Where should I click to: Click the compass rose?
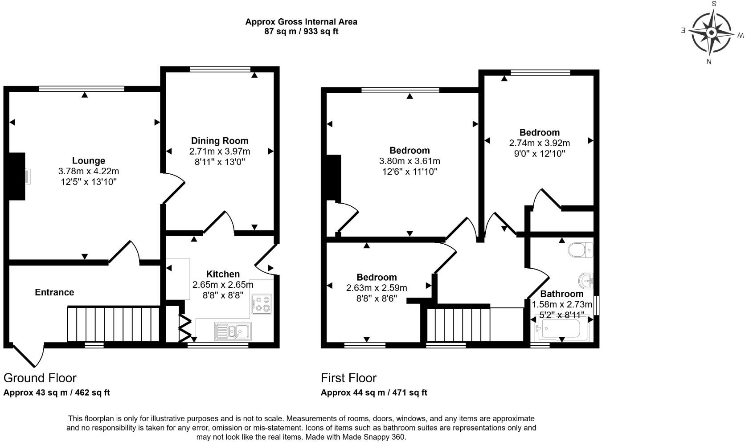(x=711, y=33)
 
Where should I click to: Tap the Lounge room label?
(x=88, y=160)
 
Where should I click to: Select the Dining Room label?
(x=220, y=141)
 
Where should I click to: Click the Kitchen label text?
(x=223, y=274)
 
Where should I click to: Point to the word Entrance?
(x=54, y=292)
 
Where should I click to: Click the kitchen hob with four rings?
(x=262, y=304)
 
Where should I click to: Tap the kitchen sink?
(x=233, y=331)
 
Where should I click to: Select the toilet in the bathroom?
(x=581, y=250)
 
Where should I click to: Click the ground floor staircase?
(x=113, y=323)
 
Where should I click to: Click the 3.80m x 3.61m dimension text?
(x=409, y=161)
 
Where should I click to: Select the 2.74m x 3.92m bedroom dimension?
(x=539, y=143)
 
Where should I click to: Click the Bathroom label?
(x=561, y=294)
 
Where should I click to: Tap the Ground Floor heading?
(x=40, y=378)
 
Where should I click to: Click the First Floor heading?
(x=348, y=378)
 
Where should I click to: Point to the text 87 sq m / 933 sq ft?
(x=301, y=32)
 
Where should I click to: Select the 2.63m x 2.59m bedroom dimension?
(x=377, y=288)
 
